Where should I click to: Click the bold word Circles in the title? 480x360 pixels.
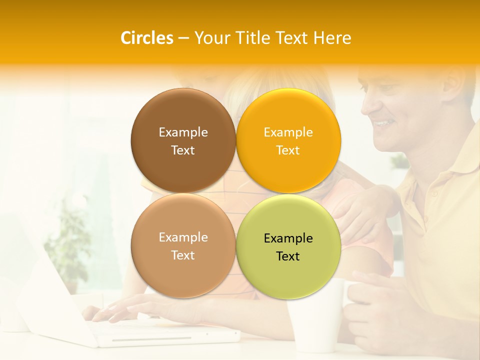147,38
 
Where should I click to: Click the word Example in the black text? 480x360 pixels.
288,238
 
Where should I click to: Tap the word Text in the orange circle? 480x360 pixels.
288,150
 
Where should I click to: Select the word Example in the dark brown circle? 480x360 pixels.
183,132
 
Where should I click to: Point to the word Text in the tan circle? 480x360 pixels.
183,255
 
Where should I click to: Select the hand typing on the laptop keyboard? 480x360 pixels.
112,310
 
